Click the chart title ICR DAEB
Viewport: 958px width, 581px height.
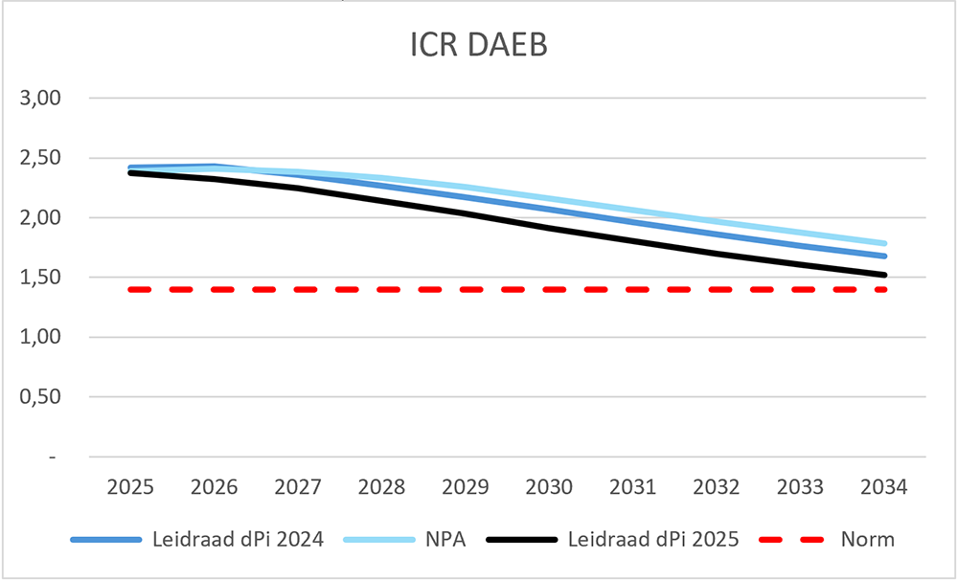pos(478,47)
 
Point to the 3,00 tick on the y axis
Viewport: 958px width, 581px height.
pos(41,99)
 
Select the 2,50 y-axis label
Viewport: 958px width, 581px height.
pos(41,158)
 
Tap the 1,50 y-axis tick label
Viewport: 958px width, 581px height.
pos(41,278)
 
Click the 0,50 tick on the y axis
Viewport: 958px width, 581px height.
pos(41,397)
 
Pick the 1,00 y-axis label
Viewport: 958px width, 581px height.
pos(41,338)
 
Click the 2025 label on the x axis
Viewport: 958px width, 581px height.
pos(131,487)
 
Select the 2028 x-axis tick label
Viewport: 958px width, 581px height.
pos(382,487)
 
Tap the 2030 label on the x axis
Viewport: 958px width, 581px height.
pos(550,487)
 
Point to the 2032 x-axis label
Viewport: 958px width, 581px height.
pos(717,487)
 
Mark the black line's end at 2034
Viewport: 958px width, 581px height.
pos(884,275)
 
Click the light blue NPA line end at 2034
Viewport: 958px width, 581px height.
pos(884,243)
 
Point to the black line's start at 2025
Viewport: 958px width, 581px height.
pos(131,172)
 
